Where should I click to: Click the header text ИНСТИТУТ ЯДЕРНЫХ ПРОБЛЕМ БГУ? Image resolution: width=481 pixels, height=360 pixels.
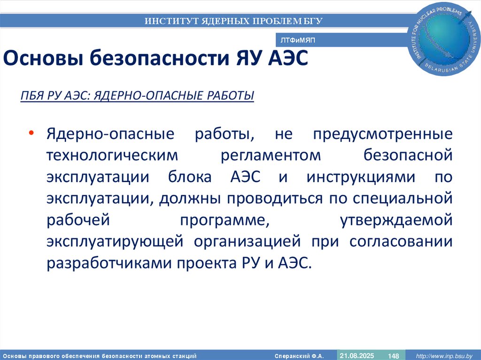tap(233, 21)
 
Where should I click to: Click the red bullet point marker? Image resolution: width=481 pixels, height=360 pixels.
tap(31, 133)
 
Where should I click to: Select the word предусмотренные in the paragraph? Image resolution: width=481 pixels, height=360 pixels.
tap(383, 134)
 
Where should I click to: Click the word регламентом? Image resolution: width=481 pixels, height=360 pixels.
tap(270, 156)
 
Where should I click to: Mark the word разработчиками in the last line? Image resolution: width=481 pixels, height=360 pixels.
tap(109, 264)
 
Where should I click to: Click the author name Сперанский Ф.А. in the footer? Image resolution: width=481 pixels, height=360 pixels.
tap(299, 356)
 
